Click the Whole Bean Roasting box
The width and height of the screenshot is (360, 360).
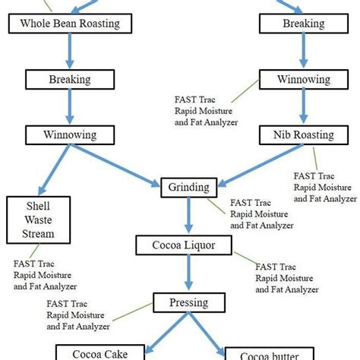[70, 24]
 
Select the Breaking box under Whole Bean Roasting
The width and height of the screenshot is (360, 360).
[70, 79]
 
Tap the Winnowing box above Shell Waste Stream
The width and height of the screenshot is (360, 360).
[70, 136]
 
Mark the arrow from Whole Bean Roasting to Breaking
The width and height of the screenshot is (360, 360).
[70, 51]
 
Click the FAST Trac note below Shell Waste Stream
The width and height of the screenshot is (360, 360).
[43, 276]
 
